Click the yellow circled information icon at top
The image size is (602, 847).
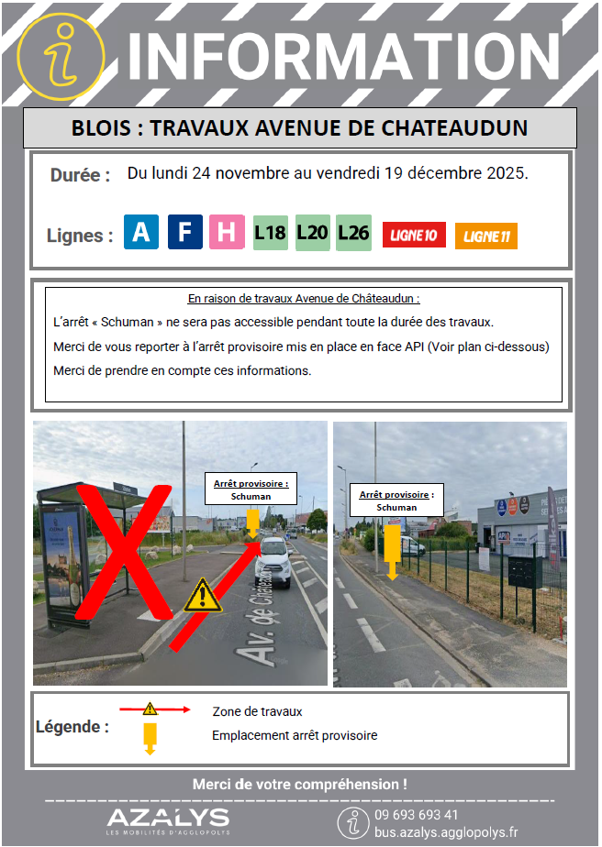[x=61, y=55]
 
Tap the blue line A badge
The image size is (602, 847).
[x=140, y=232]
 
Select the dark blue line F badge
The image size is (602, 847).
[x=184, y=232]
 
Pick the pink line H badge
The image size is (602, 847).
[x=227, y=232]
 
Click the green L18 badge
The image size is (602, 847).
[x=270, y=232]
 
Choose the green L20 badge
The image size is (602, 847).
[x=312, y=232]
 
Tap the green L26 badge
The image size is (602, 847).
[x=353, y=232]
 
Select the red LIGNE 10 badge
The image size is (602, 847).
[x=413, y=236]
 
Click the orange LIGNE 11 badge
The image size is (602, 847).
[x=485, y=236]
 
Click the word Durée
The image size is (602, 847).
[x=81, y=175]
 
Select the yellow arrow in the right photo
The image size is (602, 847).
[x=392, y=551]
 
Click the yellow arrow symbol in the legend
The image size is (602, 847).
[x=150, y=736]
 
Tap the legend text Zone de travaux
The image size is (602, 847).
[x=257, y=711]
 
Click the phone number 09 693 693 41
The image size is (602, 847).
[x=416, y=815]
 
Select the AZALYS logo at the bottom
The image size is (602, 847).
[x=167, y=819]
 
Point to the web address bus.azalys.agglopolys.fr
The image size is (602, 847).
[x=446, y=832]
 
